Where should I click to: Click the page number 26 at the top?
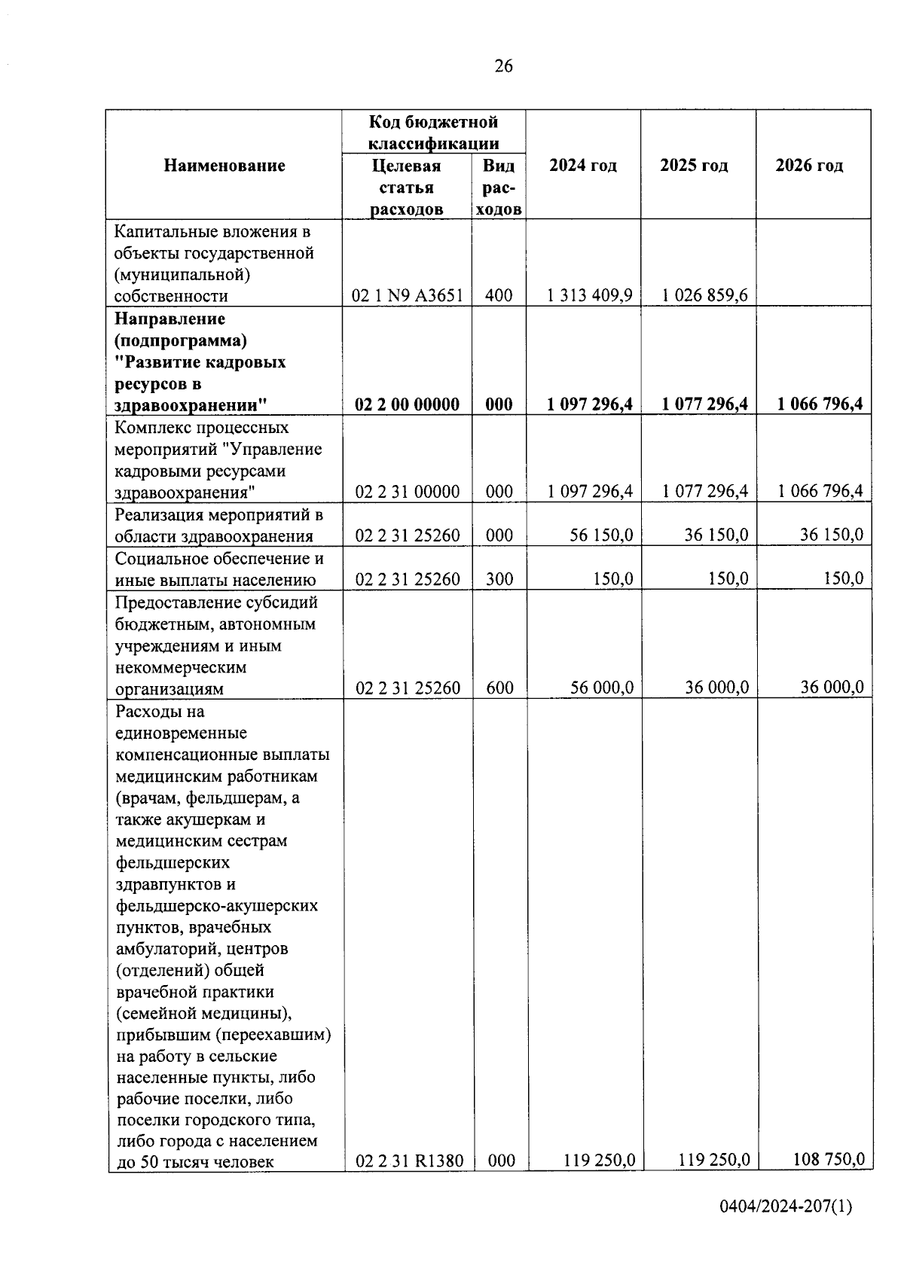click(503, 66)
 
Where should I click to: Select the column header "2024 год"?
click(583, 166)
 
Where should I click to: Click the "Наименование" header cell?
click(224, 166)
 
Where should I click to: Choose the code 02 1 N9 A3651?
click(408, 295)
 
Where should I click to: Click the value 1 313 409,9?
click(590, 295)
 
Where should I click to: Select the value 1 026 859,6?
click(705, 295)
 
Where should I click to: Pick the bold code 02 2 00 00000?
click(408, 404)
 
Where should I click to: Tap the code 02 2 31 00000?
click(408, 492)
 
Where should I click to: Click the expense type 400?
click(499, 295)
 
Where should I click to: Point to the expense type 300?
click(499, 579)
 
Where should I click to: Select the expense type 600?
click(499, 688)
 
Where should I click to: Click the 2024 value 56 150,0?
click(601, 535)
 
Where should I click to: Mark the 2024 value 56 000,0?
click(601, 688)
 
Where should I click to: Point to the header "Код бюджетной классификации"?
click(434, 132)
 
